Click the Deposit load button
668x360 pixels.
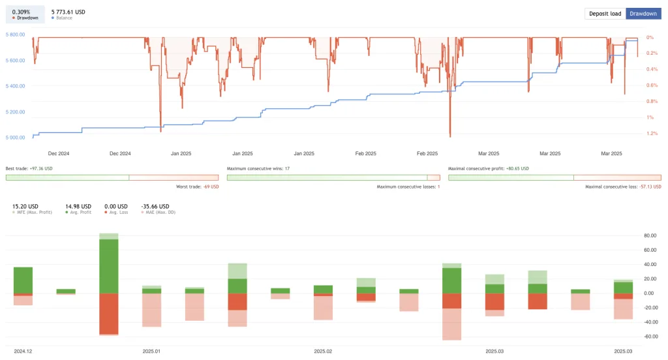605,13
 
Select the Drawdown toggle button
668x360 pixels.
643,13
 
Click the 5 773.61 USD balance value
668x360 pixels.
68,12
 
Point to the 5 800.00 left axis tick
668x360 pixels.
15,35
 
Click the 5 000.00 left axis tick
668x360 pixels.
15,138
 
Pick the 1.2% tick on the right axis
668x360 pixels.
652,133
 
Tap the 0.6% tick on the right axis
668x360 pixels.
651,85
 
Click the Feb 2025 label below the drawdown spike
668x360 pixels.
427,154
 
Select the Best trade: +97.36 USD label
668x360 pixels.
29,168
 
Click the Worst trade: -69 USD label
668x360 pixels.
198,187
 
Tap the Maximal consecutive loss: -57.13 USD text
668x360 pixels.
623,187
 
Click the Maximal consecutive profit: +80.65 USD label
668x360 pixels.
489,168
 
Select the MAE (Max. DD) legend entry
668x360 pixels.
157,213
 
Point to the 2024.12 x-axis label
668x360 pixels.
23,351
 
